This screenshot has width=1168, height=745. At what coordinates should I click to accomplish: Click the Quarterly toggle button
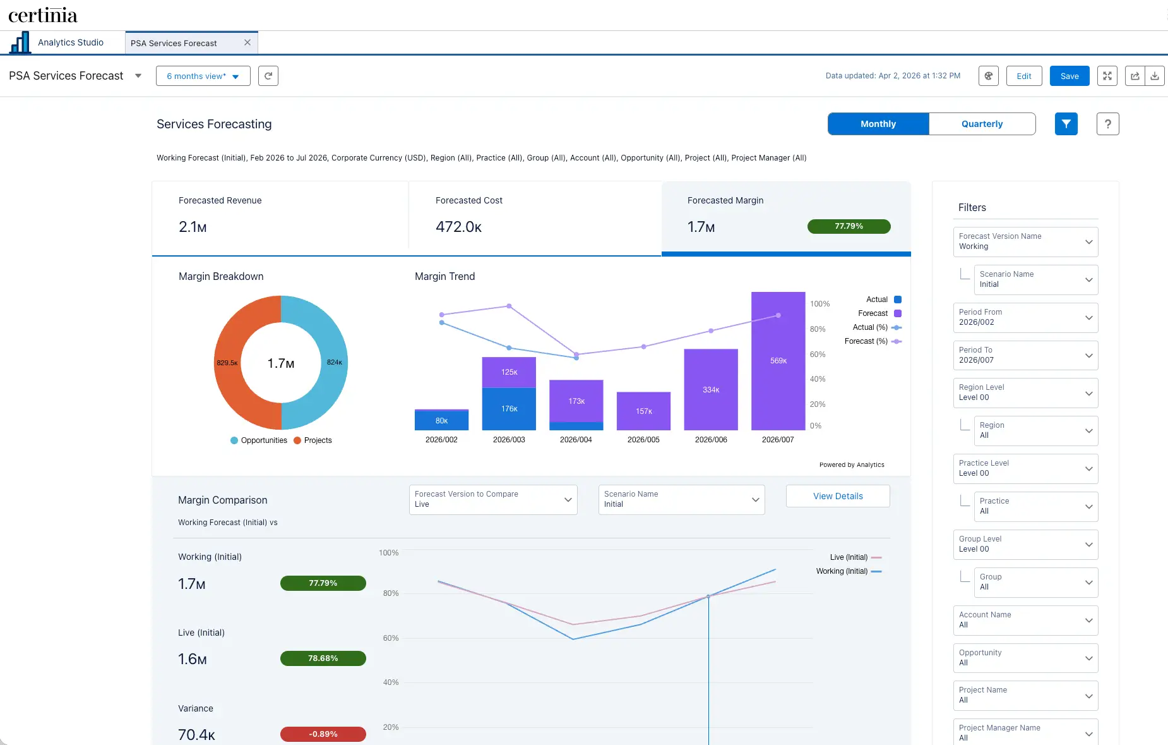click(982, 124)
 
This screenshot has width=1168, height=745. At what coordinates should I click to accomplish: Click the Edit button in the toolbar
click(1023, 76)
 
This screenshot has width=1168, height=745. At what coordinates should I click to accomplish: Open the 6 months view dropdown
click(203, 76)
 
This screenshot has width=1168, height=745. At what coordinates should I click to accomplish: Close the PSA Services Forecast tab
click(247, 42)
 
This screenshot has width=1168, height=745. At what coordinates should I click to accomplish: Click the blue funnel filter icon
click(1066, 124)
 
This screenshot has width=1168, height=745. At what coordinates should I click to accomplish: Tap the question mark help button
click(1107, 124)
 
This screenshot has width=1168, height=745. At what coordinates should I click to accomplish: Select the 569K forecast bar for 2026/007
click(778, 361)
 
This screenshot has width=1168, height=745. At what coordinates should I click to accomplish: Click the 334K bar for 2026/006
click(711, 389)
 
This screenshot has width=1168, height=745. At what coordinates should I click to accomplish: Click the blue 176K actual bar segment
click(509, 409)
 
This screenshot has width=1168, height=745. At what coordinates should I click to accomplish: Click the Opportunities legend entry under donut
click(259, 440)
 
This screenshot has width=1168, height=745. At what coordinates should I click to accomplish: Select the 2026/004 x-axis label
click(576, 440)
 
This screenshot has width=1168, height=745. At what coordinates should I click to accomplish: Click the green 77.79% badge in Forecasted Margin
click(849, 226)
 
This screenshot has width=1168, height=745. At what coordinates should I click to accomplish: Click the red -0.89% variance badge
click(323, 734)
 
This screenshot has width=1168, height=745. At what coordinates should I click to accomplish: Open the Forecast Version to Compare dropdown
click(493, 499)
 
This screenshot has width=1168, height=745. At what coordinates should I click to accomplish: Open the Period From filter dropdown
click(1025, 317)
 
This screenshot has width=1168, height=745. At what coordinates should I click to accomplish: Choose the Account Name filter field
click(1025, 620)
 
